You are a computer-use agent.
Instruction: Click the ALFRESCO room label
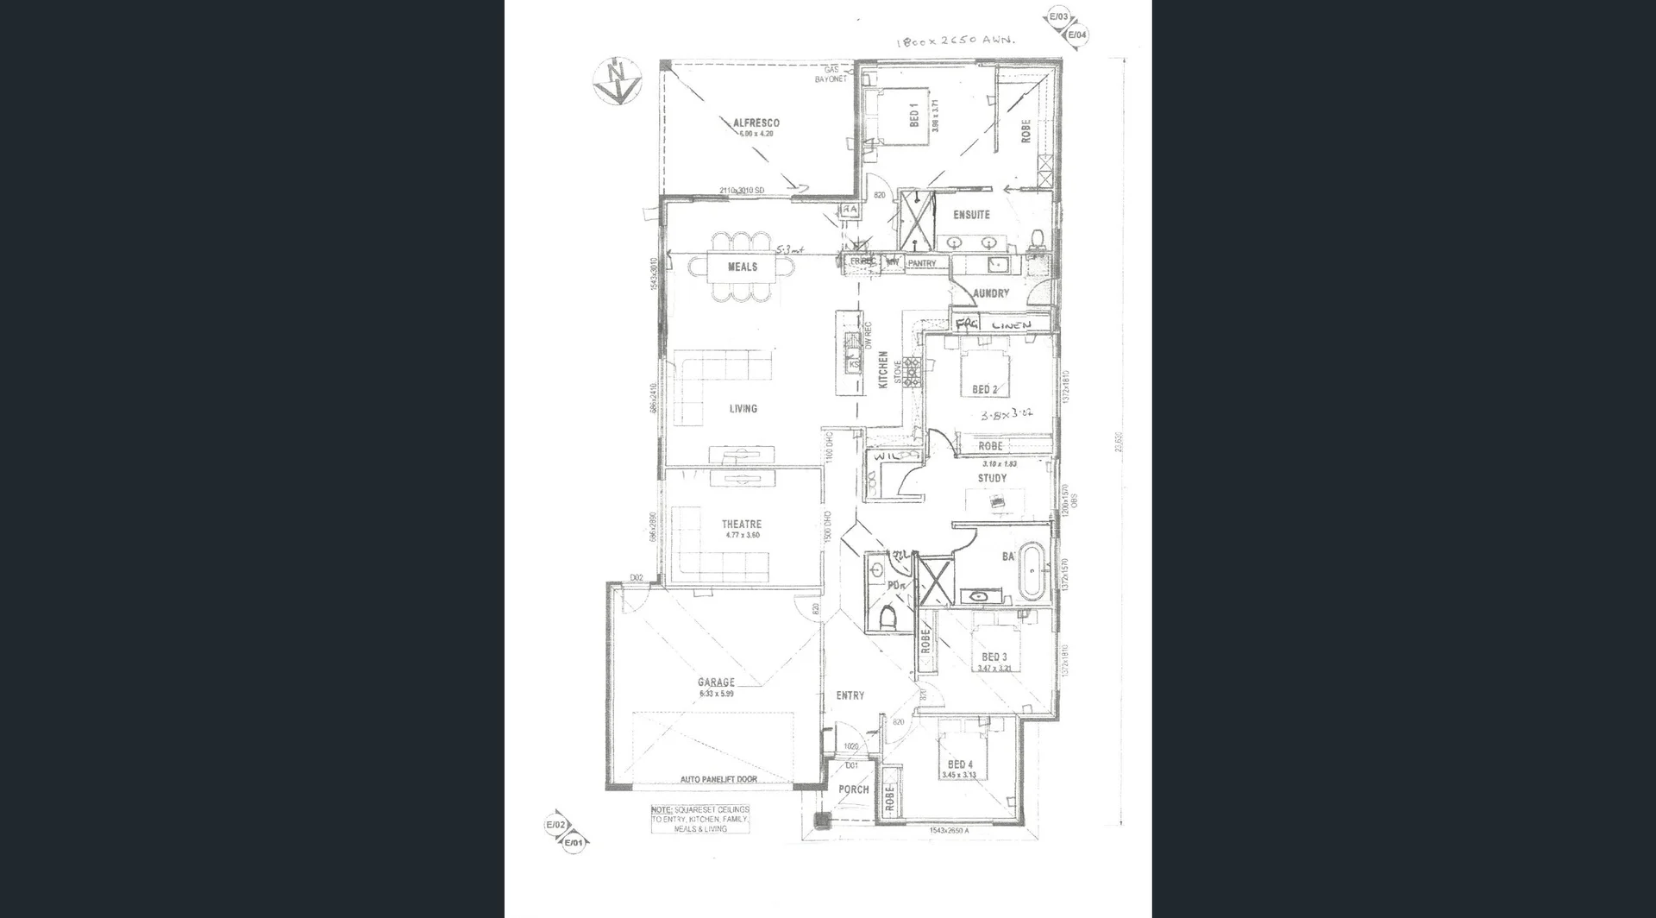click(x=756, y=123)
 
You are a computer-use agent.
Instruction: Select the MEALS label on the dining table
click(x=742, y=267)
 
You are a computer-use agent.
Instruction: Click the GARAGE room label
click(x=716, y=682)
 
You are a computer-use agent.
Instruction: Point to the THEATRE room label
click(x=742, y=524)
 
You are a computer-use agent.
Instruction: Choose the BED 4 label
click(x=960, y=764)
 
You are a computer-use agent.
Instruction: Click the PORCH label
click(x=854, y=789)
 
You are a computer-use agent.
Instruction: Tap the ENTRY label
click(x=850, y=695)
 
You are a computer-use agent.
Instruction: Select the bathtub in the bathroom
click(x=1032, y=569)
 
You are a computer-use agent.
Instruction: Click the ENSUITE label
click(x=971, y=215)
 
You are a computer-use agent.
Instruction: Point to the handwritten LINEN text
click(x=1011, y=325)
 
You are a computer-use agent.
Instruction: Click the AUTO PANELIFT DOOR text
click(x=718, y=779)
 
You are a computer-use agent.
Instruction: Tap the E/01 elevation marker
click(x=574, y=842)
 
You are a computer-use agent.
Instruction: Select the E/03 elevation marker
click(x=1057, y=17)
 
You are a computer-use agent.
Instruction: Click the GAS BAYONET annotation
click(x=831, y=74)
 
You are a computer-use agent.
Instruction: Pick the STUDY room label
click(x=992, y=478)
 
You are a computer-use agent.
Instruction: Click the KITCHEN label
click(x=883, y=369)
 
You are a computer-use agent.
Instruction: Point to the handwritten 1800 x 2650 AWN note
click(x=957, y=41)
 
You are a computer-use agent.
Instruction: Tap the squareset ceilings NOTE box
click(x=700, y=819)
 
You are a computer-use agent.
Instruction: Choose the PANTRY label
click(x=921, y=263)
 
